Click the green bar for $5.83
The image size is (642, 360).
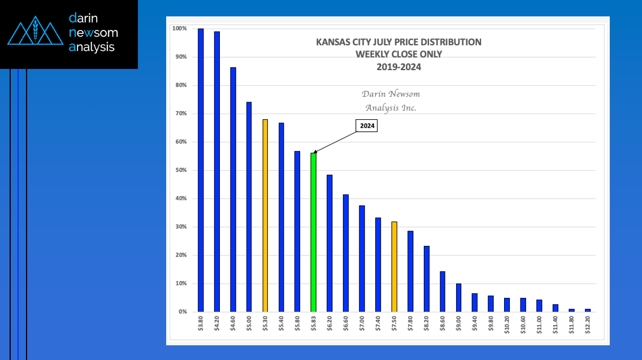[314, 232]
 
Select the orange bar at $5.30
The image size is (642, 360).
[265, 215]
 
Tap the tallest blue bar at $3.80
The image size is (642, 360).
[201, 170]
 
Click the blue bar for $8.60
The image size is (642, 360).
[443, 292]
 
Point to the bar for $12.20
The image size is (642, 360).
[588, 310]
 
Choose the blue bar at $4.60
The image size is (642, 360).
[233, 189]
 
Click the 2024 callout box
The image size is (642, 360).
[367, 126]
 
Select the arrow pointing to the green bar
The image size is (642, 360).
[335, 140]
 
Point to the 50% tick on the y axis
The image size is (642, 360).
[180, 170]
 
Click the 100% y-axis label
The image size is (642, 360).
[179, 29]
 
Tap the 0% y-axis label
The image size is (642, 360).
[182, 312]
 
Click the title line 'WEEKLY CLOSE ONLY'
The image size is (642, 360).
[398, 54]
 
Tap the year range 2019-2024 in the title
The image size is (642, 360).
[398, 66]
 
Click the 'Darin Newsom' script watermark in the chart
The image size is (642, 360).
[391, 94]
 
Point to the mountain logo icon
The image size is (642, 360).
[35, 33]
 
